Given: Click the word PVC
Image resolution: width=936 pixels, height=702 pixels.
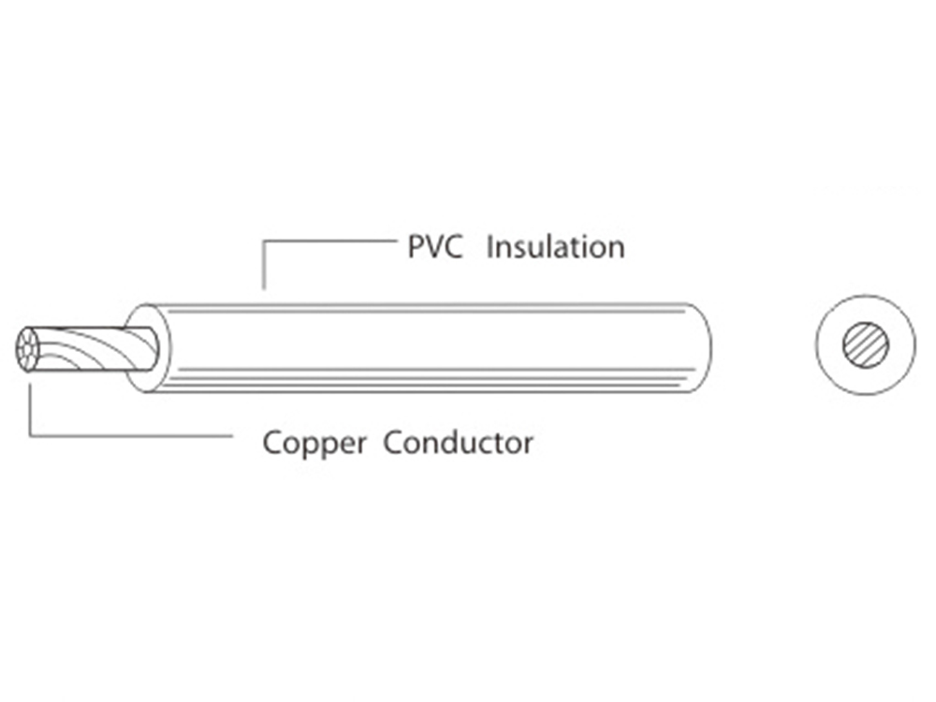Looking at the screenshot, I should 435,247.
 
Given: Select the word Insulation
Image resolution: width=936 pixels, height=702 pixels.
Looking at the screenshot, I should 555,247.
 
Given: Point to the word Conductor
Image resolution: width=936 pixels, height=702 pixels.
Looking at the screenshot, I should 459,442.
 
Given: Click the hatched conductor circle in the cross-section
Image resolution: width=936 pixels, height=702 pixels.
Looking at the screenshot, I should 863,345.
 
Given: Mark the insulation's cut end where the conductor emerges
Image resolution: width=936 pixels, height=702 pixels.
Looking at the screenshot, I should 150,348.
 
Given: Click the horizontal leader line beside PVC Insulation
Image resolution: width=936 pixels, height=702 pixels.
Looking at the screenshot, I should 328,241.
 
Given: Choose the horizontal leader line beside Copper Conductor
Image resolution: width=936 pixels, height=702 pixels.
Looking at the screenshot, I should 131,435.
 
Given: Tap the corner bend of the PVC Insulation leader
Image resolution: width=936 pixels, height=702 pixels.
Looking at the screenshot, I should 264,241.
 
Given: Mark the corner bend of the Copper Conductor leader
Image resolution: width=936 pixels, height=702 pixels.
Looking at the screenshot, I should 31,435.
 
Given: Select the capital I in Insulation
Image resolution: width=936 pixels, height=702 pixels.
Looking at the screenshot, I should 490,247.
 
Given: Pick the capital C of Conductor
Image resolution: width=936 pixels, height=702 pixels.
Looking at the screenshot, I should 392,442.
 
